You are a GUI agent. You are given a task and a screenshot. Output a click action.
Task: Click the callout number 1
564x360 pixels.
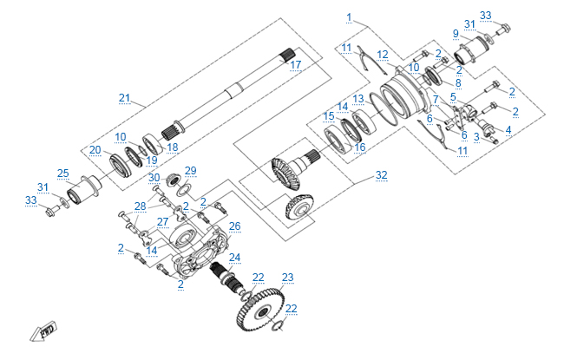click(349, 17)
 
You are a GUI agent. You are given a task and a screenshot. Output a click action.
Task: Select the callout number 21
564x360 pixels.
click(124, 97)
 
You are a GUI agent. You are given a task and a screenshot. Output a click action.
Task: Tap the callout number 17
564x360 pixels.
click(296, 64)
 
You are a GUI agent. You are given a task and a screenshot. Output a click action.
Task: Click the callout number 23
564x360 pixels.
click(287, 278)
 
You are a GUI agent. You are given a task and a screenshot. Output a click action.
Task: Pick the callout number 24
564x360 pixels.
click(234, 258)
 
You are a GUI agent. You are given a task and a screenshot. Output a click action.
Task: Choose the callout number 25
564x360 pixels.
click(62, 173)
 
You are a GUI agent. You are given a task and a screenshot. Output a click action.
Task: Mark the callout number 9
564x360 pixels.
click(455, 33)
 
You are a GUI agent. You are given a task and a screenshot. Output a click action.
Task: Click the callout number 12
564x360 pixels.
click(383, 55)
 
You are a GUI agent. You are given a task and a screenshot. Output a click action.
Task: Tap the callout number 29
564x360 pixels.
click(191, 170)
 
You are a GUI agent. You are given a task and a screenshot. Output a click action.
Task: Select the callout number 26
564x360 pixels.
click(234, 226)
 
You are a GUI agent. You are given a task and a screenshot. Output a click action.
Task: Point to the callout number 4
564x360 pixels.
click(508, 130)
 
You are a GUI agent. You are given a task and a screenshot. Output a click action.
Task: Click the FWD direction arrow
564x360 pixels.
click(44, 332)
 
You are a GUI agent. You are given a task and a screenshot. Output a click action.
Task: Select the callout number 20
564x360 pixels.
click(95, 149)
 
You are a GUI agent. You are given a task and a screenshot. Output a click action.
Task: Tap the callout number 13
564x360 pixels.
click(357, 98)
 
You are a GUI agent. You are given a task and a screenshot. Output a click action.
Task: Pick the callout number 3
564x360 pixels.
click(476, 137)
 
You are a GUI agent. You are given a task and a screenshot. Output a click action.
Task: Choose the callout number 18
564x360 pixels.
click(172, 147)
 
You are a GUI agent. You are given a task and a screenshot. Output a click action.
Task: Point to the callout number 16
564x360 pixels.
click(360, 147)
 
